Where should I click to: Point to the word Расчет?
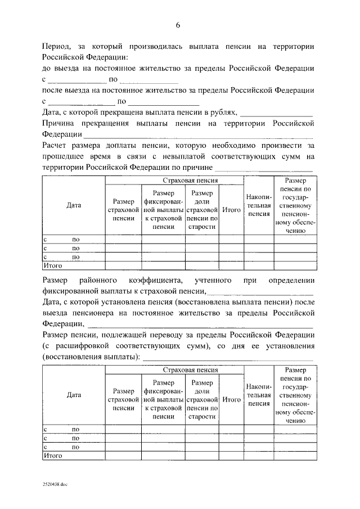[x=57, y=145]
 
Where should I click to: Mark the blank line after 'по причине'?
[x=264, y=168]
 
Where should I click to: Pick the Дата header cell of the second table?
[x=74, y=395]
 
